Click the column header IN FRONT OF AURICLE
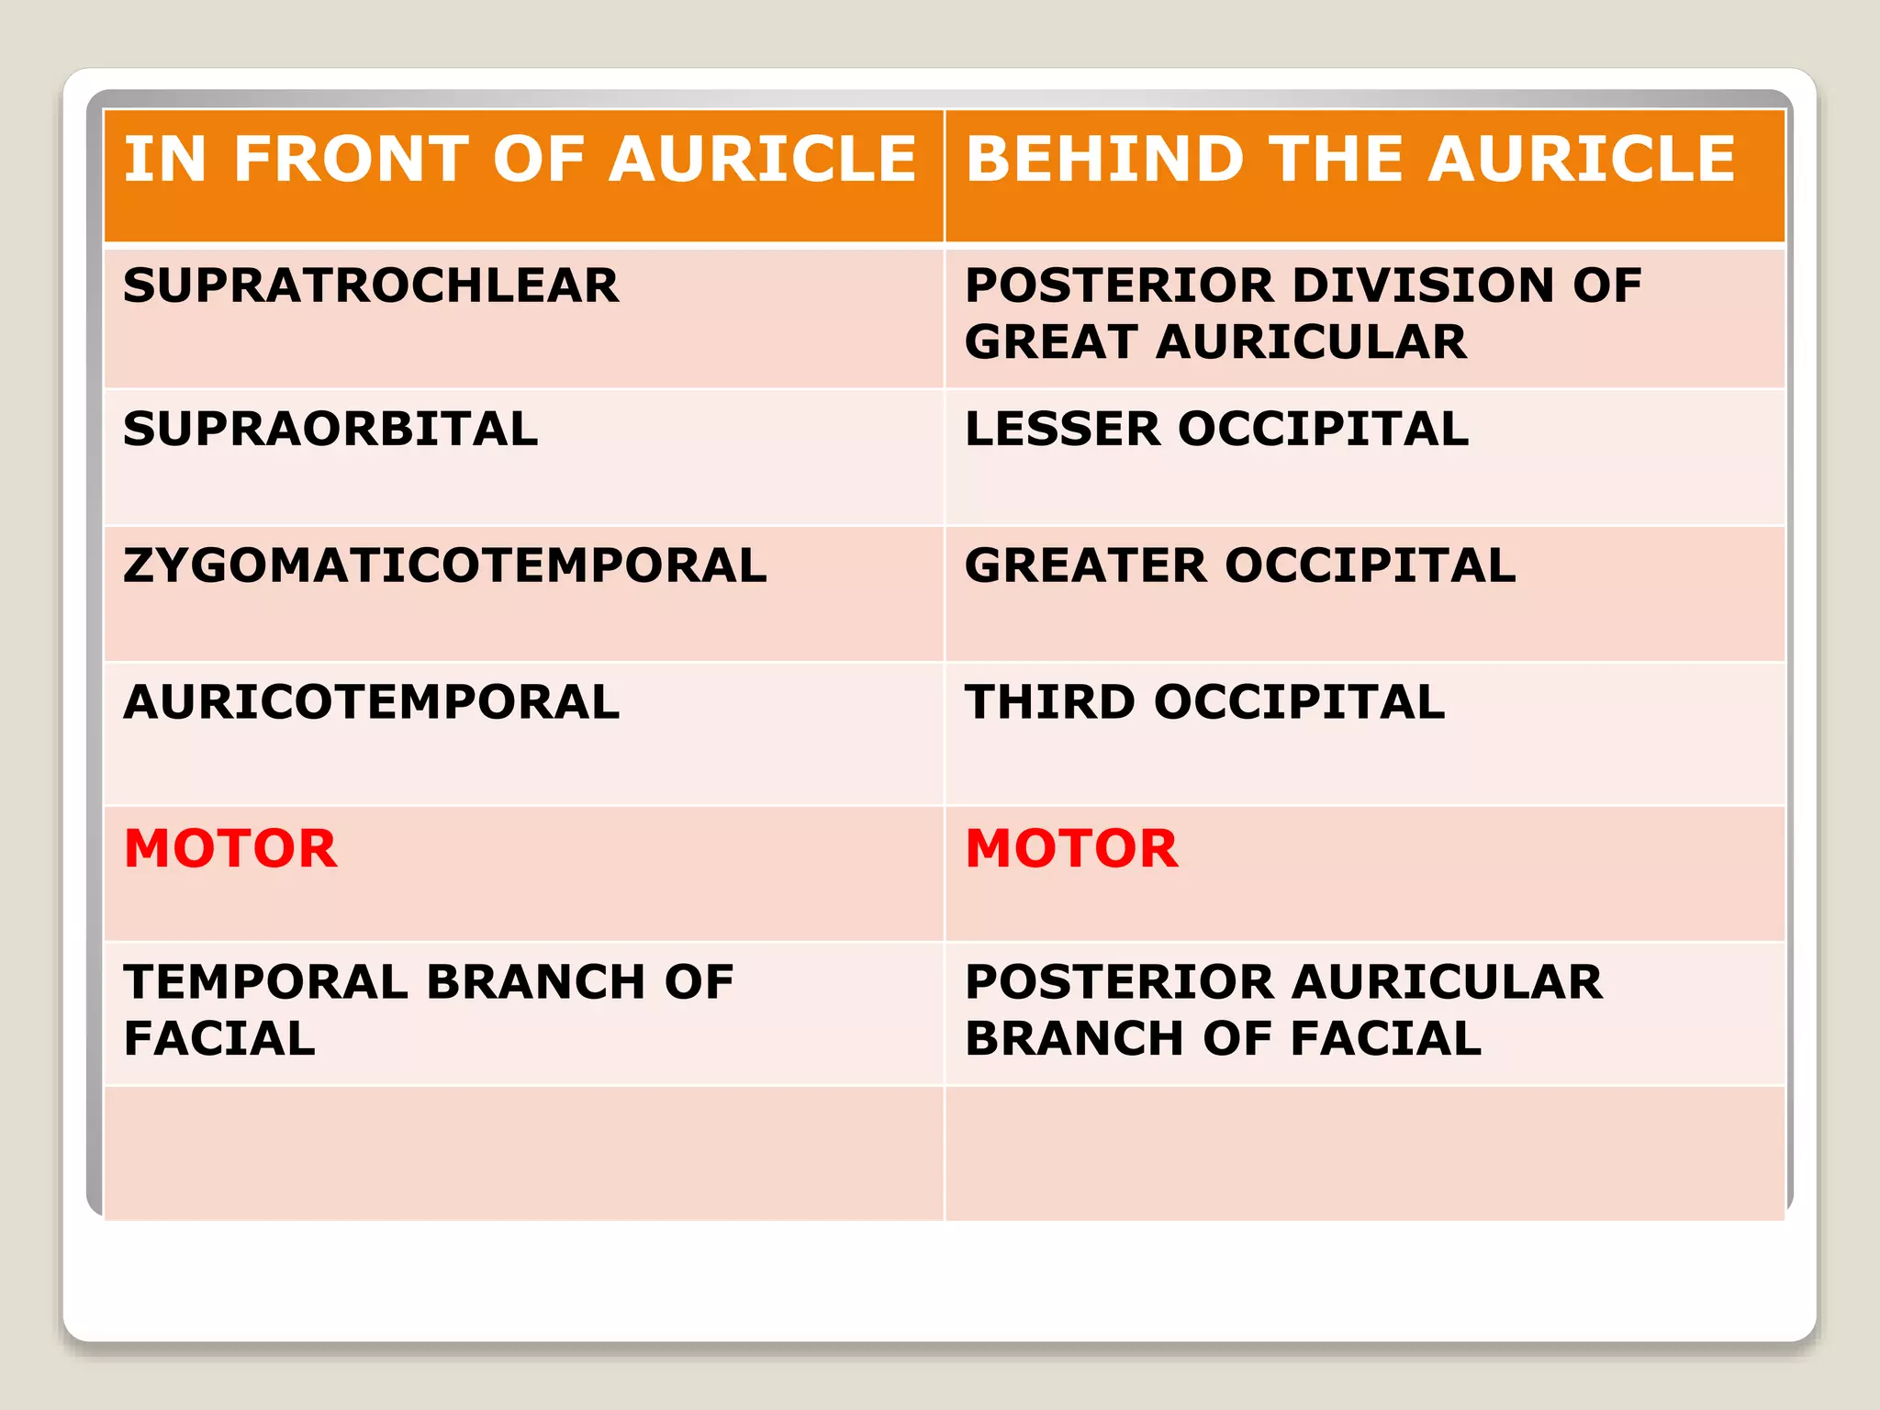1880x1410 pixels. coord(520,160)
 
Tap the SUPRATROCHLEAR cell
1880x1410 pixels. coord(371,285)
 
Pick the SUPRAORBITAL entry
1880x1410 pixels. coord(330,430)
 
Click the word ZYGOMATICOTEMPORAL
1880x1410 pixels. coord(445,565)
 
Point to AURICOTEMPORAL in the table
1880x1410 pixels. coord(372,702)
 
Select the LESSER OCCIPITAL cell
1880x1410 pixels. coord(1216,430)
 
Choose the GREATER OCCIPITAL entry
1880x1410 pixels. coord(1240,565)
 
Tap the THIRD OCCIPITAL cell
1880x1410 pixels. coord(1204,702)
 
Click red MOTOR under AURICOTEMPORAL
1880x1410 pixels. coord(230,848)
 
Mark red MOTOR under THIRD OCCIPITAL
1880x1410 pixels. coord(1071,848)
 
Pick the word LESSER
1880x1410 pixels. coord(1062,430)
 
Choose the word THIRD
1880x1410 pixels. coord(1049,702)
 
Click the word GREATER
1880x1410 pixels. coord(1085,565)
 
